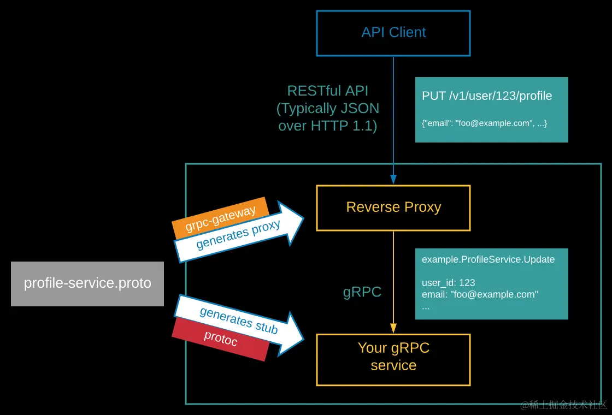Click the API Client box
tap(393, 33)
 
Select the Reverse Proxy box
tap(393, 207)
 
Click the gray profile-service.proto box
tap(87, 283)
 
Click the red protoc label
tap(220, 339)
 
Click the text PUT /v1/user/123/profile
tap(487, 96)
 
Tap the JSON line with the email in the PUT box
tap(484, 124)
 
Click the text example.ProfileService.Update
tap(488, 259)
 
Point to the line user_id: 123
tap(448, 283)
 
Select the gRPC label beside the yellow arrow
tap(362, 292)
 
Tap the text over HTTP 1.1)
tap(328, 126)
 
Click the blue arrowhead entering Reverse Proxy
tap(393, 179)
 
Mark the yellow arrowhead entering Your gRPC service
tap(393, 328)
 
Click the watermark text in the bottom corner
tap(563, 405)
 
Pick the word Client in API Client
tap(407, 33)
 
